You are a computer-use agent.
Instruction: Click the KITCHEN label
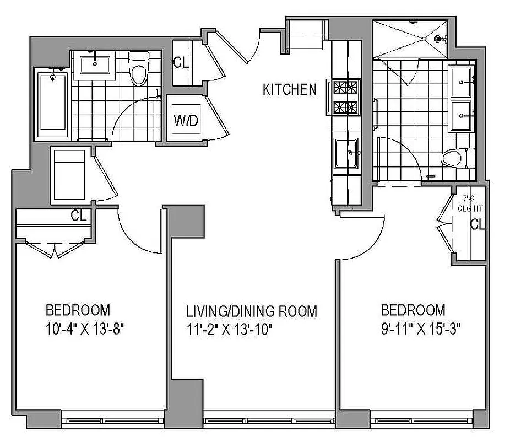pos(290,89)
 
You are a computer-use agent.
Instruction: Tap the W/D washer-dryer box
pos(186,121)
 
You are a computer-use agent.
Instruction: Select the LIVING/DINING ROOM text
pos(251,311)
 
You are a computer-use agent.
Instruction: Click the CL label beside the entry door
pos(181,62)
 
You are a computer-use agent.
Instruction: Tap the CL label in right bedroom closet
pos(478,224)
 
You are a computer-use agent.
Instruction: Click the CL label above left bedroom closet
pos(79,216)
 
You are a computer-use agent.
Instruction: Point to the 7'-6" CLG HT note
pos(470,203)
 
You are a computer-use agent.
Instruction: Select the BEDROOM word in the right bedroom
pos(413,309)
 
